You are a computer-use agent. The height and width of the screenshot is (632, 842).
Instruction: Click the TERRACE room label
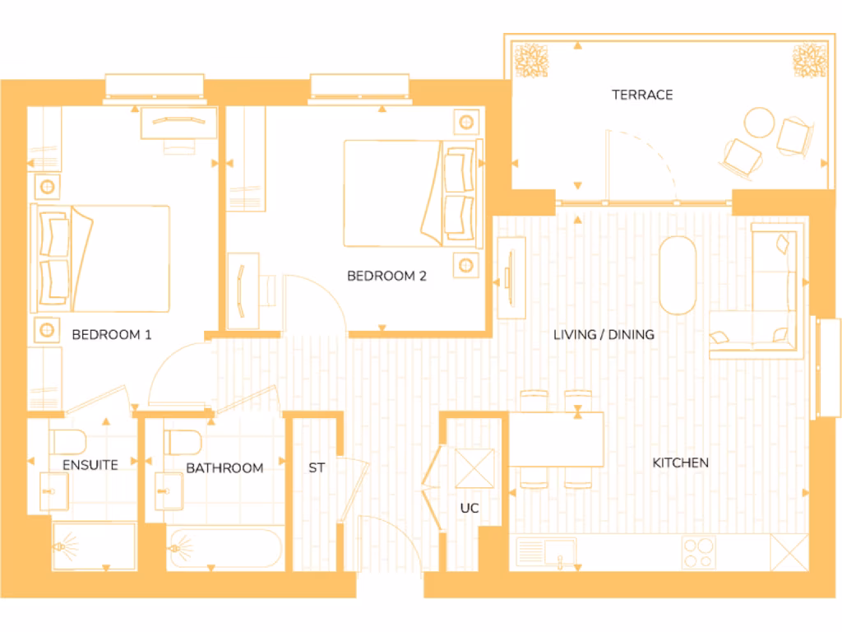642,95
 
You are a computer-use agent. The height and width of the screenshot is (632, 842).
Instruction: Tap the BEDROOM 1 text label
112,335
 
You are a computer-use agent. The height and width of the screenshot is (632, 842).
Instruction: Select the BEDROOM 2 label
386,276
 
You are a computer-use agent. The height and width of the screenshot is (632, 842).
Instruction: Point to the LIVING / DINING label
604,335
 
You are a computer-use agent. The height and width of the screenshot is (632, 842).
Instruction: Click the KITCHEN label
680,463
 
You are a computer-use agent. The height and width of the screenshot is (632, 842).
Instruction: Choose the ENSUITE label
90,465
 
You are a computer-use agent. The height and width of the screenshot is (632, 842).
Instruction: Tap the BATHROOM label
224,468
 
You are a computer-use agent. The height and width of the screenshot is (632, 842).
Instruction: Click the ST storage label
317,468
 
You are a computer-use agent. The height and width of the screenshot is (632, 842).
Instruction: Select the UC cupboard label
469,509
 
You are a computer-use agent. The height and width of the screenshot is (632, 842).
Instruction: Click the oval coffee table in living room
678,276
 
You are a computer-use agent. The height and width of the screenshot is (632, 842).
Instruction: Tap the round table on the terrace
760,124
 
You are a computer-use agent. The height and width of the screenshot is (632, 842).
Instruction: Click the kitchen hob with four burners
698,552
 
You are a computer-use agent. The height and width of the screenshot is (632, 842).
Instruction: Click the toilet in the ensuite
64,443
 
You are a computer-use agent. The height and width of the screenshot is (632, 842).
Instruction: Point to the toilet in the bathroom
182,443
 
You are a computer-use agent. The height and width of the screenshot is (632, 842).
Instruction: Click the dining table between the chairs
557,439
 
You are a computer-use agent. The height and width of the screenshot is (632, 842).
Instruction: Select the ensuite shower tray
94,546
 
